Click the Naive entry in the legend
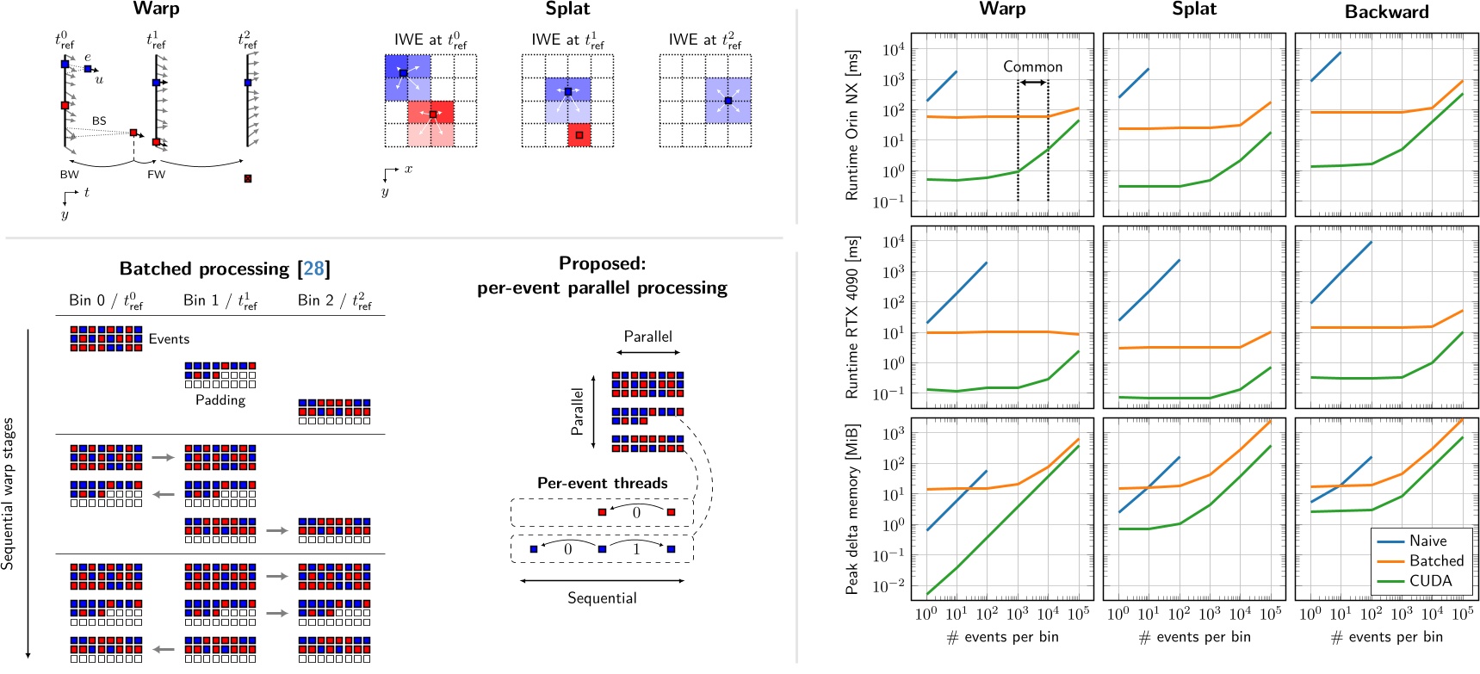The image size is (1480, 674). pyautogui.click(x=1427, y=541)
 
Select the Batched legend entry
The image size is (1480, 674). pyautogui.click(x=1436, y=560)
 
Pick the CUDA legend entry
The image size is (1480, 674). pyautogui.click(x=1430, y=581)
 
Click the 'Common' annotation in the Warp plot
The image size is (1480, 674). pyautogui.click(x=1032, y=66)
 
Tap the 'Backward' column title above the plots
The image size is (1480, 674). pyautogui.click(x=1386, y=12)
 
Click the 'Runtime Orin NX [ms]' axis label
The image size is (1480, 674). pyautogui.click(x=852, y=125)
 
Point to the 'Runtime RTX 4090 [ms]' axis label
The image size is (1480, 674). pyautogui.click(x=852, y=317)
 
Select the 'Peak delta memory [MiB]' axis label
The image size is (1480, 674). pyautogui.click(x=852, y=509)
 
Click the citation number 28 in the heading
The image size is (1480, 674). pyautogui.click(x=314, y=269)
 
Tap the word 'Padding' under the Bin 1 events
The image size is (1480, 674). pyautogui.click(x=220, y=400)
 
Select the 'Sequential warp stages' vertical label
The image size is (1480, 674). pyautogui.click(x=9, y=493)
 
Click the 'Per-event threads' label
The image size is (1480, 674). pyautogui.click(x=602, y=483)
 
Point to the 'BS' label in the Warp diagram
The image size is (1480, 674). pyautogui.click(x=99, y=121)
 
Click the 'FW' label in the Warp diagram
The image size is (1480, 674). pyautogui.click(x=156, y=174)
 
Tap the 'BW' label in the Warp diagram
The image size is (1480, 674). pyautogui.click(x=69, y=174)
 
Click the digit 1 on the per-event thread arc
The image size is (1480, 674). pyautogui.click(x=636, y=548)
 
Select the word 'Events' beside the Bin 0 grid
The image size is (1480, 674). pyautogui.click(x=169, y=339)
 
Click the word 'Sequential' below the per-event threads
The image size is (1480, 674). pyautogui.click(x=602, y=598)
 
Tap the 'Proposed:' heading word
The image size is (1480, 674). pyautogui.click(x=602, y=263)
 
